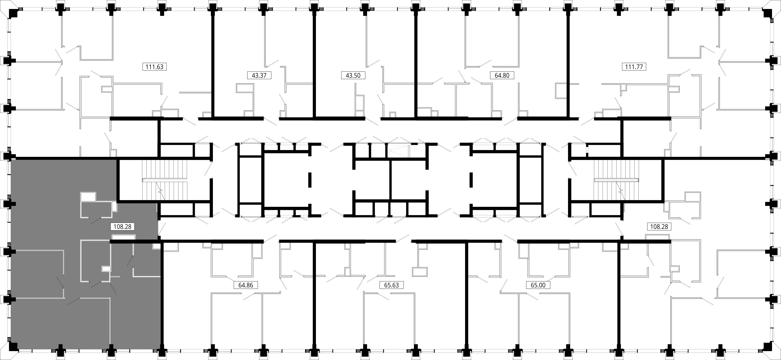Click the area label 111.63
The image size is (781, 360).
point(155,67)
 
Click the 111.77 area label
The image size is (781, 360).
point(634,67)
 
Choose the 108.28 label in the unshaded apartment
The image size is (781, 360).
point(659,227)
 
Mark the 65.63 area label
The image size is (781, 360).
point(391,285)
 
